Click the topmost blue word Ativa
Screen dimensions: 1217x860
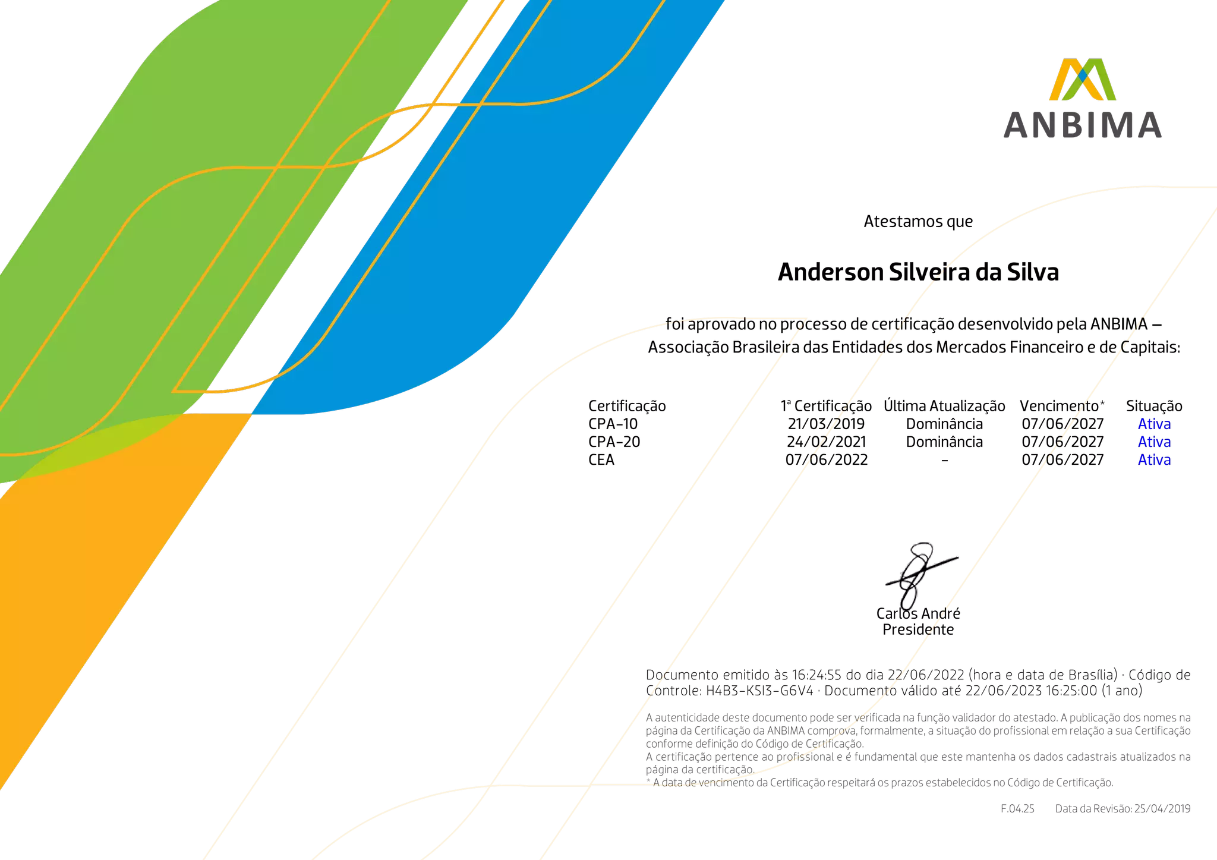coord(1154,424)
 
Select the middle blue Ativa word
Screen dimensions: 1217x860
coord(1154,442)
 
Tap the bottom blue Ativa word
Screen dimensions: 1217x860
coord(1154,460)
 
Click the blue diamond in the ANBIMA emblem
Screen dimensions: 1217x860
coord(1083,74)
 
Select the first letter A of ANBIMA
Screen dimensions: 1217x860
coord(1016,125)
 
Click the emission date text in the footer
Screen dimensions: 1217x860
coord(1123,809)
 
